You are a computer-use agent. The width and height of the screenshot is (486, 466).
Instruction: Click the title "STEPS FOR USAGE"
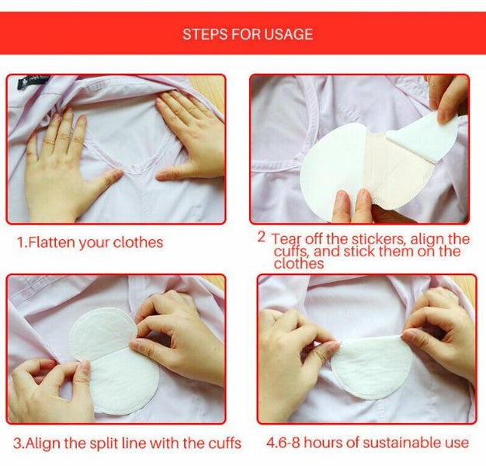click(x=248, y=34)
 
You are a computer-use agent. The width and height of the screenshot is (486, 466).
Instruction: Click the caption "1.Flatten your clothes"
click(x=90, y=242)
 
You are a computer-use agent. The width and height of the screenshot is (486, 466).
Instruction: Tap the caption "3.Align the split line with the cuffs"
click(x=127, y=443)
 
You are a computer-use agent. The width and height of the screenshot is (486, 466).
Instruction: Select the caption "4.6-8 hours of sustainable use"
click(x=367, y=443)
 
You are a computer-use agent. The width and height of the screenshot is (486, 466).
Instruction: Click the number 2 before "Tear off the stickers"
click(x=262, y=236)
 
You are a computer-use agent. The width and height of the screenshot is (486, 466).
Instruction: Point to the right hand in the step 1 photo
click(x=190, y=136)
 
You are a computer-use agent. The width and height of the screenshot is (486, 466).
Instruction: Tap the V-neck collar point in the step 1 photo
click(x=134, y=168)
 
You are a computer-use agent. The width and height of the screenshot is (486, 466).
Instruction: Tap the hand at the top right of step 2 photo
click(x=448, y=97)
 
